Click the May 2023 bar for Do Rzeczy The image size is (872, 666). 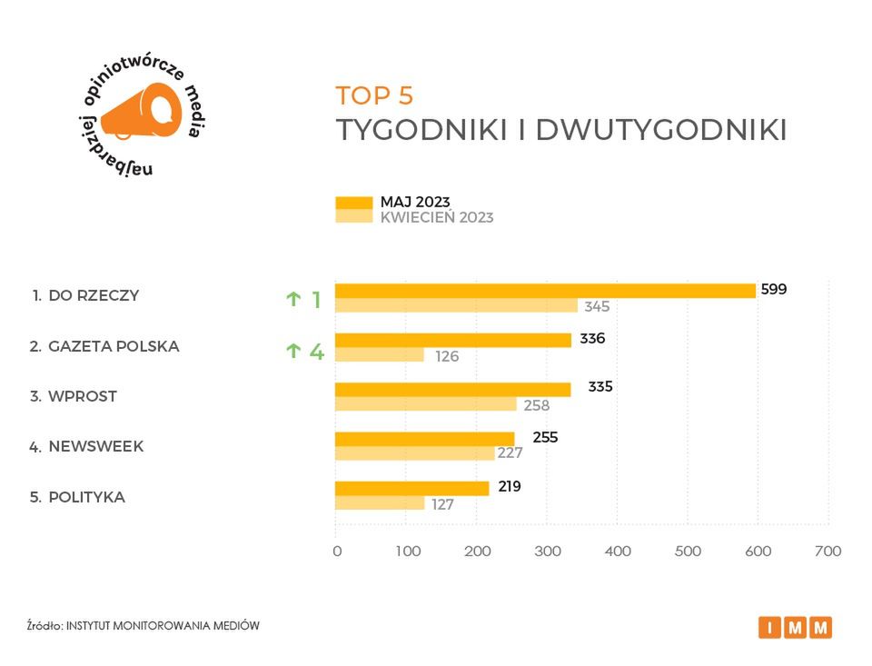pos(545,291)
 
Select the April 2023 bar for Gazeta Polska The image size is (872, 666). pos(380,355)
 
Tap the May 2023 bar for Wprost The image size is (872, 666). pos(453,390)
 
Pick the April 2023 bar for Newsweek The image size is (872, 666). pos(415,453)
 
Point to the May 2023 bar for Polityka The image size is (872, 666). pos(412,488)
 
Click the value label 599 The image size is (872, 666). pos(774,289)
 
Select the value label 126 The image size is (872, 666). pos(447,356)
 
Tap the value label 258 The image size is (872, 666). pos(537,405)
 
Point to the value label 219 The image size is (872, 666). pos(510,486)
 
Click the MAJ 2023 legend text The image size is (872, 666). pos(415,202)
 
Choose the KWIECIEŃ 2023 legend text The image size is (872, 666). pos(437,217)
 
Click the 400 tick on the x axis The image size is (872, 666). pos(618,551)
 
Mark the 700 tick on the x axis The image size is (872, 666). pos(828,551)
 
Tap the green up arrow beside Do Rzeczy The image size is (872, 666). pos(293,299)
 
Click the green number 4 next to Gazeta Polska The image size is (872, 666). pos(317,351)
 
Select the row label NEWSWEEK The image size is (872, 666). pos(95,447)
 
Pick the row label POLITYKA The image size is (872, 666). pos(86,497)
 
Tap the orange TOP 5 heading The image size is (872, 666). pos(374,95)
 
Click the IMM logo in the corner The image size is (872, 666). pos(795,627)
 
